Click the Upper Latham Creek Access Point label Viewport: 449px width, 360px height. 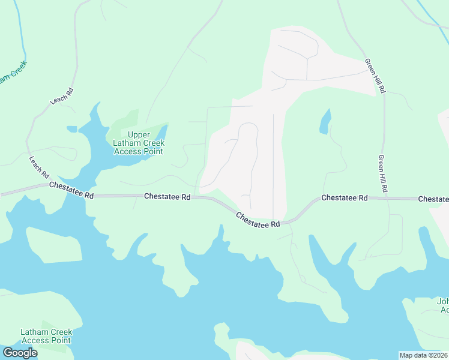click(139, 143)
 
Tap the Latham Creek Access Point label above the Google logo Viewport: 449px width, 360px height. click(46, 336)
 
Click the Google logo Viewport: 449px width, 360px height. click(20, 353)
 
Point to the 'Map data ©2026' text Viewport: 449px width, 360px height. click(423, 355)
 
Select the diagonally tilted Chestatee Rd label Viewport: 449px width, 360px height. click(258, 220)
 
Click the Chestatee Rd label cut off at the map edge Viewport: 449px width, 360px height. click(433, 199)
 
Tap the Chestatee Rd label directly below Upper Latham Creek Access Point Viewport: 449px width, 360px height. click(167, 197)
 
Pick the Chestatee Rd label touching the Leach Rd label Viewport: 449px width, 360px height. click(72, 190)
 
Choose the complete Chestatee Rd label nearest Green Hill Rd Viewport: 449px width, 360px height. click(344, 197)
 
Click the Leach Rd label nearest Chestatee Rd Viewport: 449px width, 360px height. click(39, 167)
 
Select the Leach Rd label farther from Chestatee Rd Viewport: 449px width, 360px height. click(62, 96)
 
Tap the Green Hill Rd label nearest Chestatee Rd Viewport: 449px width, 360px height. click(382, 174)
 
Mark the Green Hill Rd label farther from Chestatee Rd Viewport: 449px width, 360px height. click(375, 76)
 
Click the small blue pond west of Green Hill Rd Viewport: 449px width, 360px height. click(325, 122)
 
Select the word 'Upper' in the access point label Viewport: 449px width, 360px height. click(139, 134)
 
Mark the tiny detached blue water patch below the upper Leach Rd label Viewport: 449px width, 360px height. click(72, 129)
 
